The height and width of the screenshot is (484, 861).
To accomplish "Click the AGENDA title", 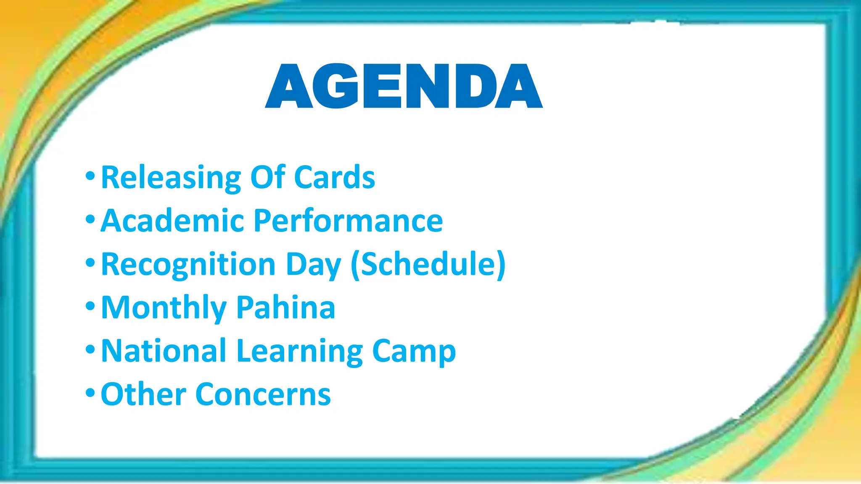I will (x=404, y=86).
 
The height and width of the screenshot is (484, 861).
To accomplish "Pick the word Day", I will (x=313, y=265).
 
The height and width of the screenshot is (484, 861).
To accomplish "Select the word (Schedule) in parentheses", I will (x=428, y=264).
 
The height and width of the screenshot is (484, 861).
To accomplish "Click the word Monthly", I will (x=164, y=308).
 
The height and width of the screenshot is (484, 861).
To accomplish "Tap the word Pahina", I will (x=285, y=308).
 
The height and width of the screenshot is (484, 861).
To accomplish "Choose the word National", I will (x=164, y=351).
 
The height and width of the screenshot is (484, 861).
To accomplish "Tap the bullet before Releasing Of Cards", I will (x=90, y=176).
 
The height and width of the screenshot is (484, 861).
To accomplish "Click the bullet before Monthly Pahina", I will (x=90, y=306).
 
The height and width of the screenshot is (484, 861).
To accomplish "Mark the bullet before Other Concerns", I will (x=90, y=393).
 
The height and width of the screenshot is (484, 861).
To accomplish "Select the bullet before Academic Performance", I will (x=90, y=219).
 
